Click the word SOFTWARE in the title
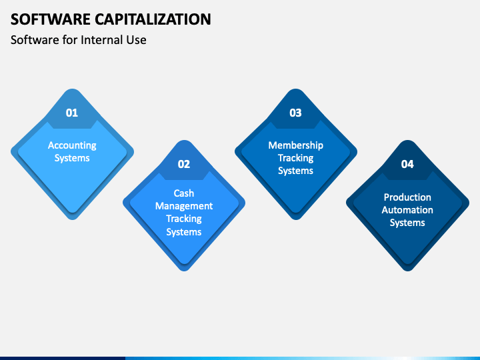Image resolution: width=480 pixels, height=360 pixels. (51, 19)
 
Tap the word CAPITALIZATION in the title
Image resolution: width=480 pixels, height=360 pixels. (153, 19)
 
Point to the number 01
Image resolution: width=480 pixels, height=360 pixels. (72, 113)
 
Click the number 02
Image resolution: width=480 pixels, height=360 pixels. (184, 164)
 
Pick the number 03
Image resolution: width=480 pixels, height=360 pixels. (296, 113)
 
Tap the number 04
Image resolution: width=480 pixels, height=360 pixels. (407, 164)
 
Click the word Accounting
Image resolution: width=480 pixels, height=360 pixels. (72, 145)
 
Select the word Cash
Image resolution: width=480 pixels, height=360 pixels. (184, 193)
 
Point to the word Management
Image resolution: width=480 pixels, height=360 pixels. (184, 206)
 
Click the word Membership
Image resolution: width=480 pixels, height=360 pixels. (296, 145)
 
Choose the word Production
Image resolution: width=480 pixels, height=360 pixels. (407, 197)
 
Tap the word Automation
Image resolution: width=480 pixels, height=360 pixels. (407, 210)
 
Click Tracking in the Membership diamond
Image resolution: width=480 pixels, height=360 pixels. (296, 158)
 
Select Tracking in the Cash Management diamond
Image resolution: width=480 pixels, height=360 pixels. (184, 219)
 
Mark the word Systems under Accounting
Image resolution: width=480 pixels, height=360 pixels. (72, 158)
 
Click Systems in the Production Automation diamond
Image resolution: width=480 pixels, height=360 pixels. (407, 223)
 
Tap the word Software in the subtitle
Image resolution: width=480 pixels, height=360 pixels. (35, 40)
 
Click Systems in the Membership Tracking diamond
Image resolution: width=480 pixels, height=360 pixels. (296, 171)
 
